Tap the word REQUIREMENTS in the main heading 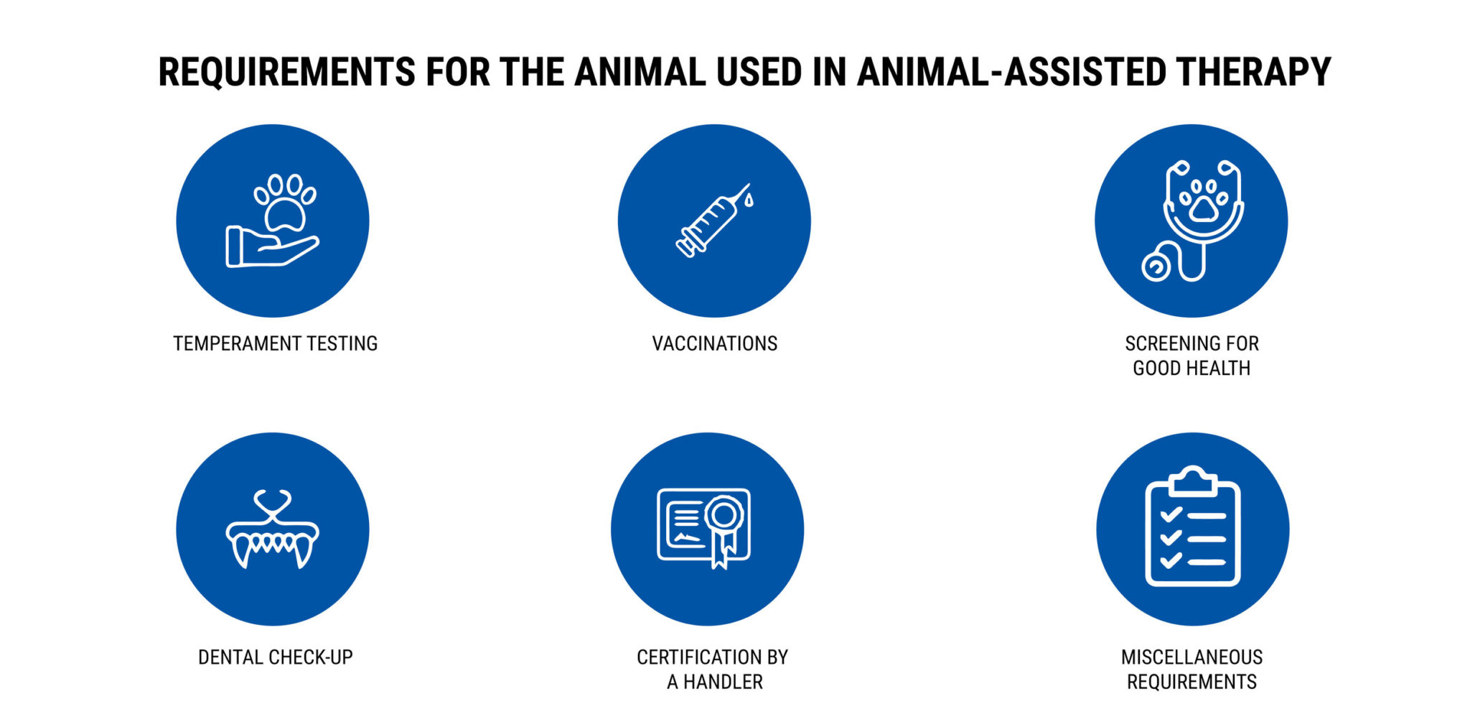[286, 73]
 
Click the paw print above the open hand [285, 202]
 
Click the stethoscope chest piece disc [1156, 267]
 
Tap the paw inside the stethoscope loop [1204, 202]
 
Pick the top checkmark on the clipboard [1171, 514]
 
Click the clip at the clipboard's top [1192, 481]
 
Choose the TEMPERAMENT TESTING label [275, 344]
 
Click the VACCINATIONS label [714, 344]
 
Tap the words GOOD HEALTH [1192, 369]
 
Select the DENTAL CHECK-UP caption [275, 657]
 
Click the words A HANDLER [715, 682]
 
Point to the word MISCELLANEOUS [1192, 657]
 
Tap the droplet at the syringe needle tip [749, 200]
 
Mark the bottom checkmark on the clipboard [1171, 560]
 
